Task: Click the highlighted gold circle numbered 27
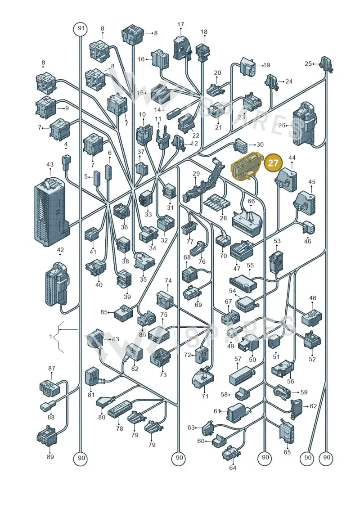273,162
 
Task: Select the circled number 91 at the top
81,28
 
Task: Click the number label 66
251,201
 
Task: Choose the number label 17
181,24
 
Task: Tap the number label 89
50,457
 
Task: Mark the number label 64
233,468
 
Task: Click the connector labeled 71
202,379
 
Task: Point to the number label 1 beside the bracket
51,337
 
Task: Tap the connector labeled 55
243,282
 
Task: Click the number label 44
292,158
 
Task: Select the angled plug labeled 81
93,378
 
